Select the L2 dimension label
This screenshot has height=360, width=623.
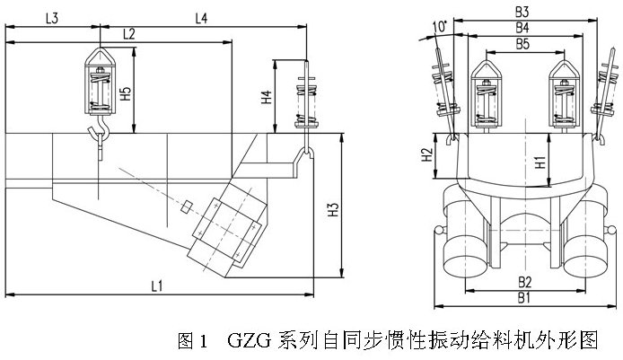coord(129,34)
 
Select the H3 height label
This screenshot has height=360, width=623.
coord(333,212)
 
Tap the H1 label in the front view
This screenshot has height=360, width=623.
coord(540,162)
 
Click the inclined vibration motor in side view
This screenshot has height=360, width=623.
coord(228,230)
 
